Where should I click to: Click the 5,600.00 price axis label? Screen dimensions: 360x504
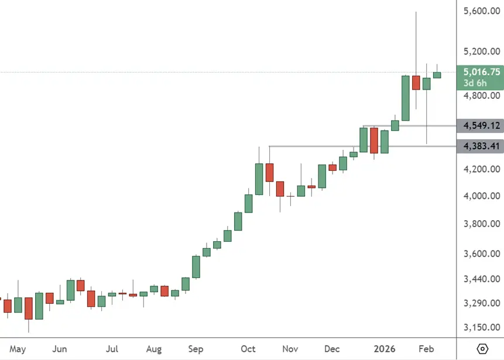481,11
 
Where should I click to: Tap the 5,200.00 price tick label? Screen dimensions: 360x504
481,51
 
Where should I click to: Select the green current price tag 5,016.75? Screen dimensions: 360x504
481,72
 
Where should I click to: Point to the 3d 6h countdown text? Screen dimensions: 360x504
475,83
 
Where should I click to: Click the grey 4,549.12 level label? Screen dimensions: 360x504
481,125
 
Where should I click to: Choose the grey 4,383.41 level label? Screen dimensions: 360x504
481,146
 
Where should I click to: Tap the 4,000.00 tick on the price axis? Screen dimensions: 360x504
481,196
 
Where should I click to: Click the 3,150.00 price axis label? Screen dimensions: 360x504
481,328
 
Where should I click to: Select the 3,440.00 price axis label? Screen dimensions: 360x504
481,279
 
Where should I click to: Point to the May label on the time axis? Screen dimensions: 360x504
18,349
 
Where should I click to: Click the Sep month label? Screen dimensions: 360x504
196,349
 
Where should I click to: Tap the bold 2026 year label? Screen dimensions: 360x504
384,349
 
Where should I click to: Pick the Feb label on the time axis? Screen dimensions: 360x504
426,349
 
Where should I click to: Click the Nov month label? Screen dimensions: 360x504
290,349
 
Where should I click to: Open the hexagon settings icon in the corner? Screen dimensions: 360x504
482,349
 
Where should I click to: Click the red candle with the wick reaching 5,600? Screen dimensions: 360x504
416,82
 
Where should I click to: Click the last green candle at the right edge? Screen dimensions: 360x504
437,75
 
